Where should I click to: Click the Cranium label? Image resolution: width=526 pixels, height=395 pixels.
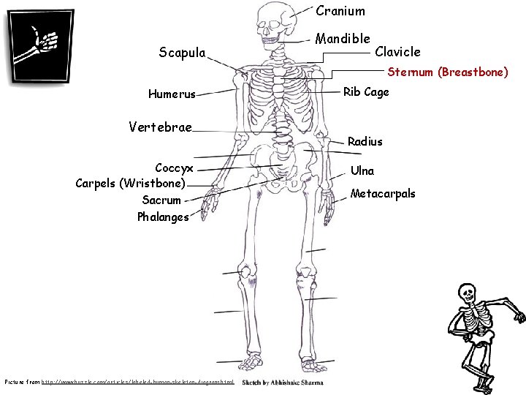click(340, 11)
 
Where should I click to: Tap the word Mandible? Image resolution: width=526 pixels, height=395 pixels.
click(343, 37)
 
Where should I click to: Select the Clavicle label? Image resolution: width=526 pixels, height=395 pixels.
click(397, 51)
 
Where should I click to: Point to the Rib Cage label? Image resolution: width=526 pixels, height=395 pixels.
click(366, 92)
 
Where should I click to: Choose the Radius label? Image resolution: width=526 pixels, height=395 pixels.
click(365, 140)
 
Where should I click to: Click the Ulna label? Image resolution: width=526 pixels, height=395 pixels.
click(362, 170)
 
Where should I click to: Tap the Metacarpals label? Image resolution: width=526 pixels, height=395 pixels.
click(383, 194)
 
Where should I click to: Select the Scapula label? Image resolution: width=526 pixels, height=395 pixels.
click(182, 52)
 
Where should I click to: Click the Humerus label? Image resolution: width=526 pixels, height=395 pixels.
click(172, 94)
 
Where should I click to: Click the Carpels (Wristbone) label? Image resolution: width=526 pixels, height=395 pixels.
click(131, 182)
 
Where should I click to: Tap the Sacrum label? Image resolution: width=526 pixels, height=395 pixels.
click(161, 199)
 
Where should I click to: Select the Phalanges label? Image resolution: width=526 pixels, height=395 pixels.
click(162, 217)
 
